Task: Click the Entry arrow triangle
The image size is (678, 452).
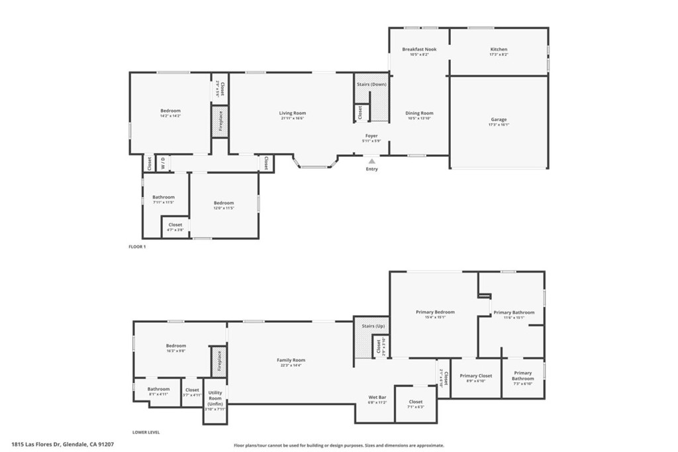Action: [x=372, y=160]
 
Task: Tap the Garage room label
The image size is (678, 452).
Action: [x=499, y=120]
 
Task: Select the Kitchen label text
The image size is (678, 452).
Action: [x=499, y=49]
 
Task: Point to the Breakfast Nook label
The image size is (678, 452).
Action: [x=419, y=49]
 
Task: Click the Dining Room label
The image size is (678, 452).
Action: [x=419, y=113]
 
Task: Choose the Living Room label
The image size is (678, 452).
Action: [x=292, y=113]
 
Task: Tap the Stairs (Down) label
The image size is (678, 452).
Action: [x=371, y=85]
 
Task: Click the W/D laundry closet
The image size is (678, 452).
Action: [x=164, y=163]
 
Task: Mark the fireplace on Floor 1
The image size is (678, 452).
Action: [x=220, y=122]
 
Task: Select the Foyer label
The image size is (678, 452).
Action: [x=371, y=136]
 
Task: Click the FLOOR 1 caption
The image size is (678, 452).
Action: [x=136, y=247]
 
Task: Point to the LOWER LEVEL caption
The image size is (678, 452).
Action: [x=146, y=432]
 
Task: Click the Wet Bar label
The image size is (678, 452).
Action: [x=377, y=397]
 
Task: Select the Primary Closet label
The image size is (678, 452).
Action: [x=476, y=376]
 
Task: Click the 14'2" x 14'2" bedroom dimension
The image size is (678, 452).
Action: [x=170, y=116]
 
